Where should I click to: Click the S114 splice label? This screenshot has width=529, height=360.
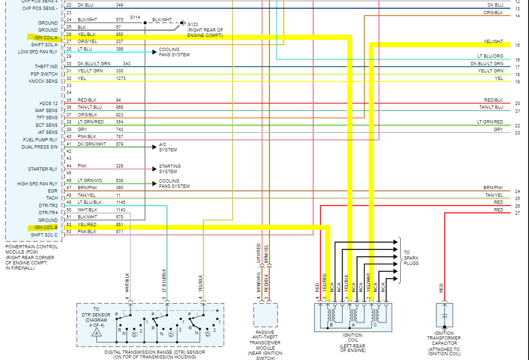[135, 18]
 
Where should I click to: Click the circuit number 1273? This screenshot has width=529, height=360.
[121, 79]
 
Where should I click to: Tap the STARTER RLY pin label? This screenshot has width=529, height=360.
[43, 169]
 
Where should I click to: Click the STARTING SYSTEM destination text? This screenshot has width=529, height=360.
[169, 169]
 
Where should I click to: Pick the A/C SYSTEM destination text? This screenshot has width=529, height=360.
[168, 147]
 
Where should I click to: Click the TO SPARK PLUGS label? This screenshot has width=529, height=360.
[411, 258]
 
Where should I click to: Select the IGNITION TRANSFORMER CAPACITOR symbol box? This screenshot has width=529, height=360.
[444, 315]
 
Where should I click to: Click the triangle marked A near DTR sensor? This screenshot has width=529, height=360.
[97, 333]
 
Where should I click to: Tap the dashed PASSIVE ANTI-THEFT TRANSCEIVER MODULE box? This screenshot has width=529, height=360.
[265, 315]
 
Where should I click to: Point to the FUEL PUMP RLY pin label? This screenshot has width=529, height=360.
[40, 140]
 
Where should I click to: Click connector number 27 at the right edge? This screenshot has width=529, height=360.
[517, 213]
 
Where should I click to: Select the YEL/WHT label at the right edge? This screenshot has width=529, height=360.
[493, 42]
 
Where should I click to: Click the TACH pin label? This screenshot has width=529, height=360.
[52, 198]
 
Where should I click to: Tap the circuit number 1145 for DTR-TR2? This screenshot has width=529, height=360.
[121, 202]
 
